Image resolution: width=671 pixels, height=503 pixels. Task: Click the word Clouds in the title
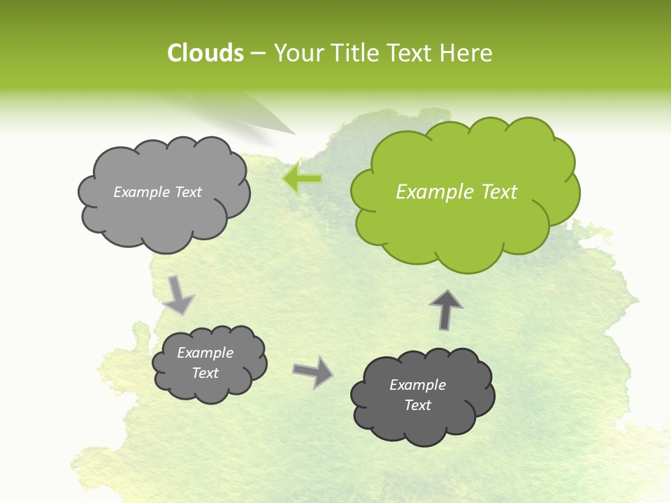[x=205, y=53]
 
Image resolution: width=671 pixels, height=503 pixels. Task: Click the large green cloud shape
[x=465, y=224]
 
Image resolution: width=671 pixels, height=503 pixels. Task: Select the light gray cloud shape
[x=164, y=220]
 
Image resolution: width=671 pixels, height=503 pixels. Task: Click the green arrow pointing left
[x=302, y=178]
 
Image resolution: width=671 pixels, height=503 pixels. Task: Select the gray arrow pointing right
[x=313, y=371]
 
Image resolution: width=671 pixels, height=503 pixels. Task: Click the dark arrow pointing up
[x=446, y=309]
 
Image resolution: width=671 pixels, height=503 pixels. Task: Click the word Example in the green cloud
[x=428, y=191]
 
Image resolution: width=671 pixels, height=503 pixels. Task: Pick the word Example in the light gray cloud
[x=140, y=192]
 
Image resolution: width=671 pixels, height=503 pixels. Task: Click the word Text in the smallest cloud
[x=205, y=373]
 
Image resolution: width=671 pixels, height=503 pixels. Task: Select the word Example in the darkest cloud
[x=417, y=385]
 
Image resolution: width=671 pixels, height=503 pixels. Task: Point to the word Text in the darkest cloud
[x=417, y=405]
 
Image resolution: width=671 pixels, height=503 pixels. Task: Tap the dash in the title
[x=258, y=53]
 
